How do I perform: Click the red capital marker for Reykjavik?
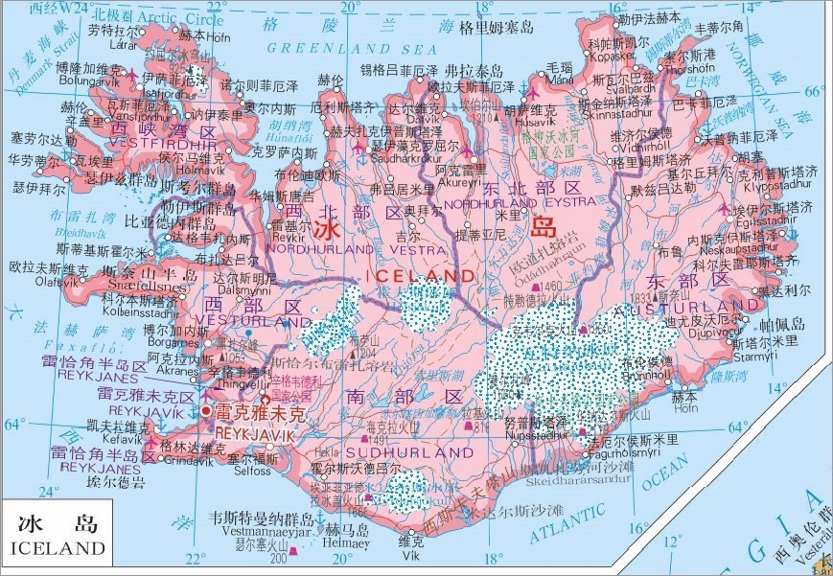206,411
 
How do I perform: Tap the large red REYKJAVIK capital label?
254,433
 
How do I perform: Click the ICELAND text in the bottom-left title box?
58,548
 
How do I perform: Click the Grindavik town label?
192,457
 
